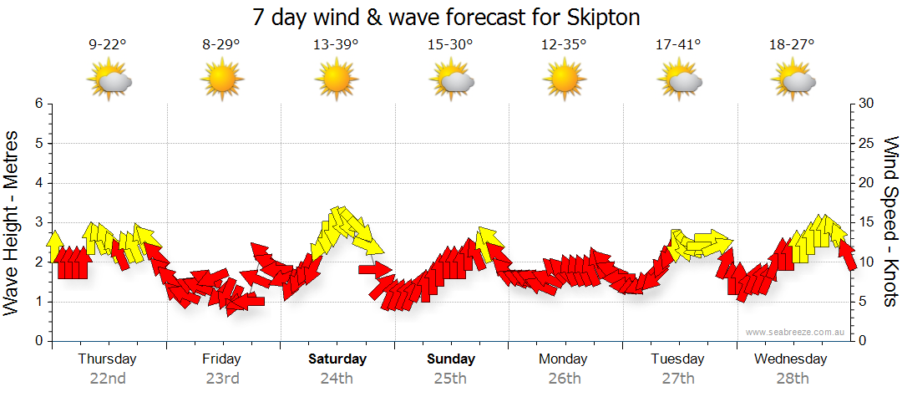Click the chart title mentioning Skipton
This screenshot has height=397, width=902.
(x=451, y=17)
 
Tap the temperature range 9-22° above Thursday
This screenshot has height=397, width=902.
(x=107, y=45)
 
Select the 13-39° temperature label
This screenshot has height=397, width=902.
(x=336, y=45)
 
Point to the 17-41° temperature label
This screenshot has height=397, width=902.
(x=678, y=45)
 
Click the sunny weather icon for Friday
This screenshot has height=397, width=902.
(x=221, y=81)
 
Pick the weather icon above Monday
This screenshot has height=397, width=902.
(x=564, y=81)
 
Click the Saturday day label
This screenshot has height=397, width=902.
(x=337, y=359)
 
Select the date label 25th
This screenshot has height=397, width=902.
(x=450, y=379)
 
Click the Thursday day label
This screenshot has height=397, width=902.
(x=107, y=359)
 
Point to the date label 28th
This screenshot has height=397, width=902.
(x=792, y=379)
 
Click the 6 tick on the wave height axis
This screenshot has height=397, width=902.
(x=38, y=104)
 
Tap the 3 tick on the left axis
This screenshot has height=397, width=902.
(x=38, y=222)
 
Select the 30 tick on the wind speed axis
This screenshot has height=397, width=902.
(x=867, y=104)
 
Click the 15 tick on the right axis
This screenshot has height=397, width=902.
(x=867, y=222)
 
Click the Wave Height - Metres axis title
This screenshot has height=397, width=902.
(x=14, y=222)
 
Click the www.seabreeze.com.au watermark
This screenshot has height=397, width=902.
(x=796, y=332)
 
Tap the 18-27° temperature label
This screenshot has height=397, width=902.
(x=792, y=45)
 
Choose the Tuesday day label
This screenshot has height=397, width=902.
(x=678, y=359)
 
